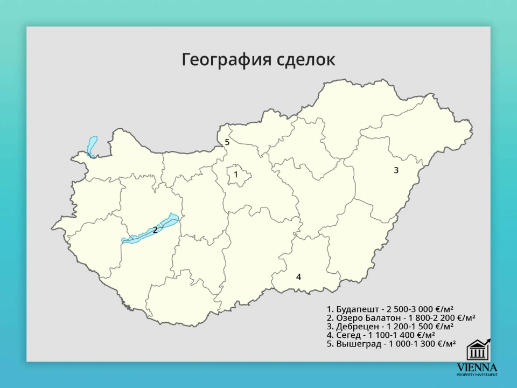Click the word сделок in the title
[305, 60]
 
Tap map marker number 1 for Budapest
[236, 175]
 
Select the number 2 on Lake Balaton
[155, 230]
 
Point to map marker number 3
[396, 170]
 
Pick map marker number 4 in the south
[298, 277]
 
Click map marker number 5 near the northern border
[227, 142]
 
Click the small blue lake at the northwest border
[92, 145]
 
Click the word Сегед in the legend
[348, 335]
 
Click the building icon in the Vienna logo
[478, 350]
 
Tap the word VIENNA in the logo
[477, 367]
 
